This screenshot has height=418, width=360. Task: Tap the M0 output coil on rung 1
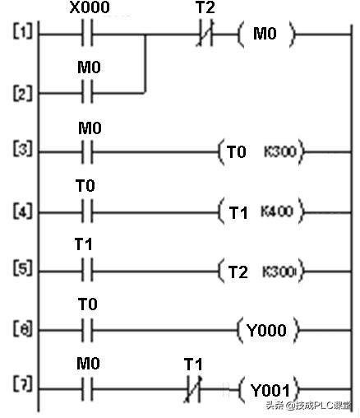[x=265, y=35]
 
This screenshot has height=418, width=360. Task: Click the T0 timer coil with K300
[x=260, y=151]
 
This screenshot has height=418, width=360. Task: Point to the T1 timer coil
[x=260, y=212]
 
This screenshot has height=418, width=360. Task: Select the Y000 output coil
[x=269, y=330]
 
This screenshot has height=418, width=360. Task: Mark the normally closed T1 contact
[x=193, y=388]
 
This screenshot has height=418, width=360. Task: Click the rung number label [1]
[x=20, y=35]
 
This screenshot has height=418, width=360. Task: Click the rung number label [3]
[x=20, y=151]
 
